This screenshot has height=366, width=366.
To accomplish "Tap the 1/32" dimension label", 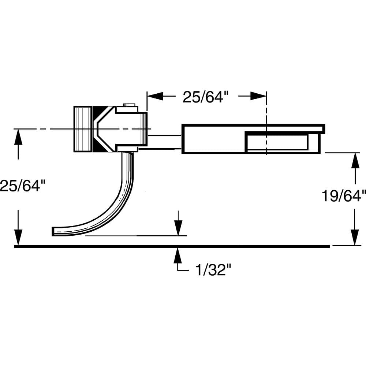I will (x=214, y=271).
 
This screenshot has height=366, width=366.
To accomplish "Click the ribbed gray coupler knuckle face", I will (x=83, y=129).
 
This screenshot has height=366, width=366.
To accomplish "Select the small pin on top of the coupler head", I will (x=128, y=105).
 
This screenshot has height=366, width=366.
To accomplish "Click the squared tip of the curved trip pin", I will (x=55, y=231).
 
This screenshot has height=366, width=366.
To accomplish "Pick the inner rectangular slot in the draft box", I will (x=277, y=143).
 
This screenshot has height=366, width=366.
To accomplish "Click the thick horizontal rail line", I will (x=172, y=246).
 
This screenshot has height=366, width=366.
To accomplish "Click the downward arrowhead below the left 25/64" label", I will (x=18, y=237).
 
